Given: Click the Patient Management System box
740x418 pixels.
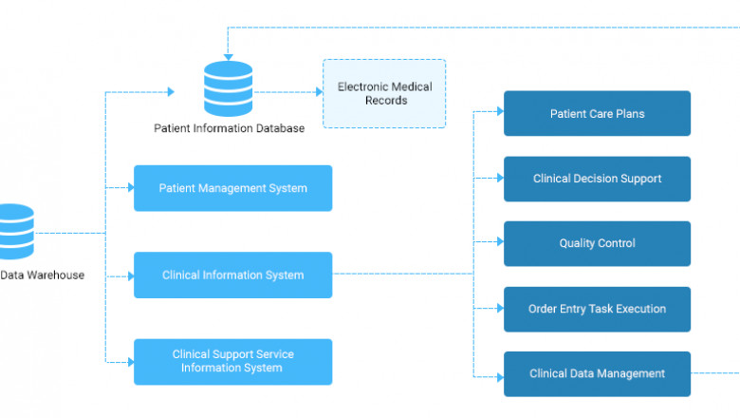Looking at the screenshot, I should coord(232,188).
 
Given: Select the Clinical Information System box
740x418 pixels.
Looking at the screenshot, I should coord(232,275).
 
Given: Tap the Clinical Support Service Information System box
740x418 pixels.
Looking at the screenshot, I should coord(232,361).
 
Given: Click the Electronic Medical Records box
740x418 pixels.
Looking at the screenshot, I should coord(384,93).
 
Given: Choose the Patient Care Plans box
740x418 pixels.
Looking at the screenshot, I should coord(597,114).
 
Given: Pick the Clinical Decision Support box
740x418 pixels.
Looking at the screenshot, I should coord(597,179).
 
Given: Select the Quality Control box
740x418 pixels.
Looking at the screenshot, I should coord(597,243).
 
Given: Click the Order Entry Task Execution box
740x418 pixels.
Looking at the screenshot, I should coord(597,309).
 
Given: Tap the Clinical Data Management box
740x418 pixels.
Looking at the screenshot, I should coord(597,373).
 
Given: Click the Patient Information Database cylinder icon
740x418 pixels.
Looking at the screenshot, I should coord(229,89).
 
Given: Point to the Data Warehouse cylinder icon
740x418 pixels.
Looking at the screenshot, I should coord(14,232).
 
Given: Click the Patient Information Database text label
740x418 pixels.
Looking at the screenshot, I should coord(229,128).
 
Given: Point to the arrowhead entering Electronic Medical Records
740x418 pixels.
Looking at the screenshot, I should coord(318,92).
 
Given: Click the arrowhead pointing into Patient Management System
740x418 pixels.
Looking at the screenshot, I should coord(130,188).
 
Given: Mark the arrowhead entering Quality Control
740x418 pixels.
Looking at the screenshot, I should coord(500,242).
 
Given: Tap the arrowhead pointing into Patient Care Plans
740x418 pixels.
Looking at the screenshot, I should coord(500,112).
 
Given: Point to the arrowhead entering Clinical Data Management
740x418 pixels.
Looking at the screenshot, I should coord(500,376).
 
